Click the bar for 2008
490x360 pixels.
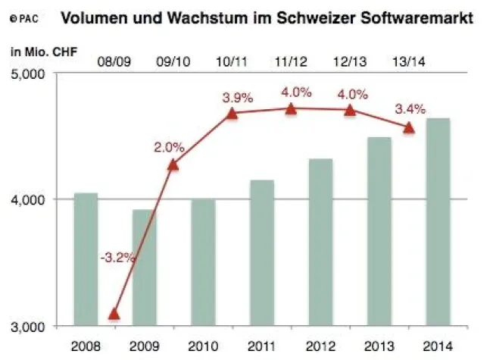point(86,259)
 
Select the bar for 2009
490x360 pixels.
point(144,268)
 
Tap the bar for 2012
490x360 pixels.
point(320,242)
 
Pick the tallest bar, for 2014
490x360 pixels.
point(438,221)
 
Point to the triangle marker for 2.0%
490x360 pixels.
point(173,164)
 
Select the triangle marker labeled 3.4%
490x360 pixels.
point(409,127)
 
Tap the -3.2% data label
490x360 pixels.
point(117,257)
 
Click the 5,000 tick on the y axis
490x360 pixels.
point(29,74)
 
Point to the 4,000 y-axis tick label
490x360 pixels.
point(29,199)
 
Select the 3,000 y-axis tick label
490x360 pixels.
point(29,327)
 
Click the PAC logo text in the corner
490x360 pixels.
point(24,15)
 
